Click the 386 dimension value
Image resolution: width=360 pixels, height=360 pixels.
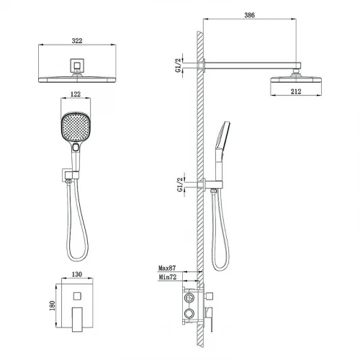[x=249, y=15]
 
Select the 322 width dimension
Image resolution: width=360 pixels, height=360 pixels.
[x=77, y=41]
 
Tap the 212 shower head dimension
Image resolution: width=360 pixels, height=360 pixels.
[x=296, y=91]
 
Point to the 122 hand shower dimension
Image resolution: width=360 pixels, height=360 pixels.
[x=76, y=94]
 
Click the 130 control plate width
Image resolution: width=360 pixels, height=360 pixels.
[x=77, y=274]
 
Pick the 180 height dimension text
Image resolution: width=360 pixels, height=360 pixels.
[x=52, y=306]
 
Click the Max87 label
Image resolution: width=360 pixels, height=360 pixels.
[x=167, y=268]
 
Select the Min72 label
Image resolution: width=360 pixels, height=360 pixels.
[x=168, y=277]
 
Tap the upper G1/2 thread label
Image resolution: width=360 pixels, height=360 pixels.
[x=178, y=66]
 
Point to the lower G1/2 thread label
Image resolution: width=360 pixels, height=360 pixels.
[x=180, y=185]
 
